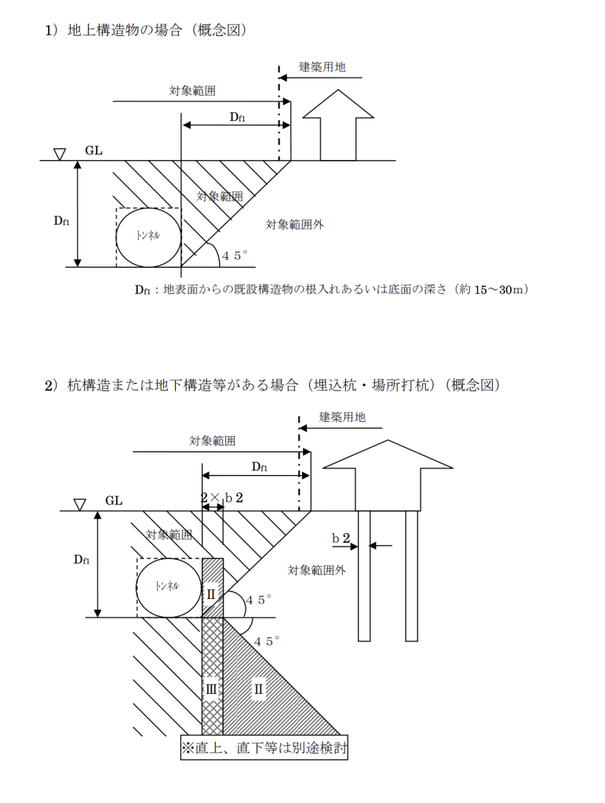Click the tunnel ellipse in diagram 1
(x=148, y=236)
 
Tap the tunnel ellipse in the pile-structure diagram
(x=168, y=587)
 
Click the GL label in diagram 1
(x=94, y=150)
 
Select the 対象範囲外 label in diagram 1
(x=294, y=224)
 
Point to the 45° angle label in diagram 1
(x=234, y=256)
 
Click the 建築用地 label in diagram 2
(x=342, y=417)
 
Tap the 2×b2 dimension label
(x=222, y=498)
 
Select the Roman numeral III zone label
(x=212, y=689)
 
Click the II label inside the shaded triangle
(x=258, y=689)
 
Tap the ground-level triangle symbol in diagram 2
(x=79, y=503)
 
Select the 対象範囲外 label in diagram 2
(x=316, y=570)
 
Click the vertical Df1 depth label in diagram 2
(x=82, y=559)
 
